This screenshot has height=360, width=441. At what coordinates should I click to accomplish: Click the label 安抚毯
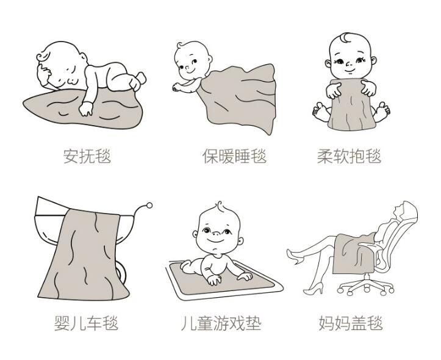click(87, 156)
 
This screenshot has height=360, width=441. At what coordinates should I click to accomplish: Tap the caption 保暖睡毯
click(234, 156)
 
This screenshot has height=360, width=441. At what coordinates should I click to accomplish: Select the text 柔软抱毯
click(349, 156)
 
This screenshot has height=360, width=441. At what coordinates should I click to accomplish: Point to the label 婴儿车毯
click(86, 323)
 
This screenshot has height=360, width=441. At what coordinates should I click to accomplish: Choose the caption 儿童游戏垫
click(221, 323)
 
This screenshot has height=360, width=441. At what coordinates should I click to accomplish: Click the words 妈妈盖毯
click(351, 323)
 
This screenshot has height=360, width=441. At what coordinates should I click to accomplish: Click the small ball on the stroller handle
click(149, 205)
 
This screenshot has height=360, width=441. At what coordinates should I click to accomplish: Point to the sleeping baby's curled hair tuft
click(43, 57)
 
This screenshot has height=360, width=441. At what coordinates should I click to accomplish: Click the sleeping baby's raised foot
click(141, 77)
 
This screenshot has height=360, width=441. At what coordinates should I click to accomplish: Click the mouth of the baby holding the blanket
click(350, 70)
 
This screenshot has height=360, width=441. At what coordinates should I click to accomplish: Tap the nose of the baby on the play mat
click(217, 234)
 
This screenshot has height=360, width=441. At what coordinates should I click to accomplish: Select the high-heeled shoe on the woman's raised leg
click(295, 256)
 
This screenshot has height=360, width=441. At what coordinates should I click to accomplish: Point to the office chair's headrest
click(410, 210)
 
